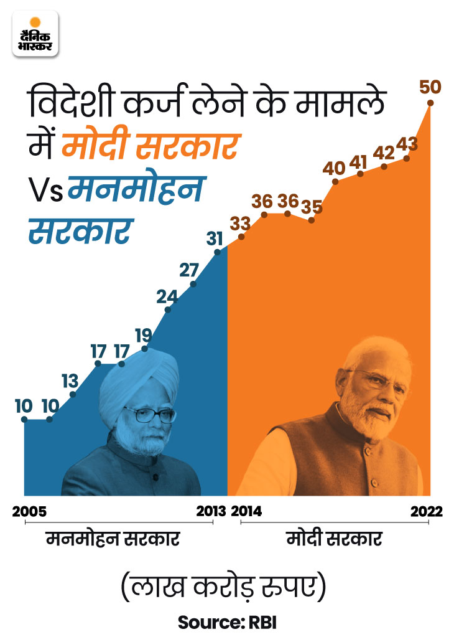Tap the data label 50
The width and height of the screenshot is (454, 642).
coord(430,87)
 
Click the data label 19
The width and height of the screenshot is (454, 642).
coord(144,335)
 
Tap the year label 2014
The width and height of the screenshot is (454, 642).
coord(247,512)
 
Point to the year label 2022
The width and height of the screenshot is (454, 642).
coord(427,512)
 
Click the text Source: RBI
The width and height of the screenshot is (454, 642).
coord(227,621)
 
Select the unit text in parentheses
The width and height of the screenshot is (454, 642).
coord(227,587)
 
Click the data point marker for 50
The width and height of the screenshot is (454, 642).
coord(429,103)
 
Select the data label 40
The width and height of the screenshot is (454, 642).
coord(335,168)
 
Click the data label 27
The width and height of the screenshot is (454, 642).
coord(188,270)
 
